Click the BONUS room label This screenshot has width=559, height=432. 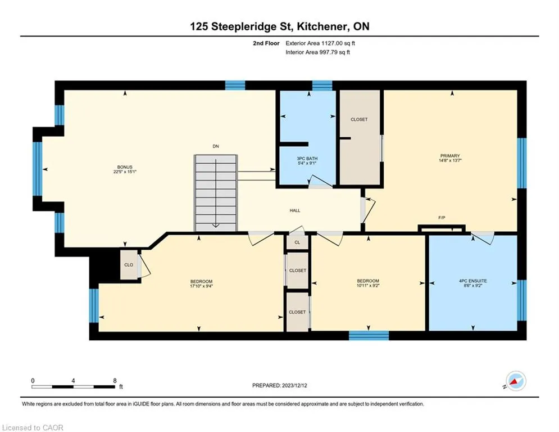[125, 167]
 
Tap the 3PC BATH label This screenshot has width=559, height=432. [307, 159]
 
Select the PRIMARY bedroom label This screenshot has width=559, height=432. [450, 156]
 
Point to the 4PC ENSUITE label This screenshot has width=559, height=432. [472, 281]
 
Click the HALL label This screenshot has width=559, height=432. [295, 210]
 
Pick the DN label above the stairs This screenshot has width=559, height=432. [216, 146]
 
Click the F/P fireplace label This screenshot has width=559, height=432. [442, 218]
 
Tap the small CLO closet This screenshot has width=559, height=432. [129, 265]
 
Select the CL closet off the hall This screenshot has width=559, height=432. [297, 242]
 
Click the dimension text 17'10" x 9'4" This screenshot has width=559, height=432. [202, 286]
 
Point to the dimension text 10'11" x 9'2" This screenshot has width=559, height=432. [368, 286]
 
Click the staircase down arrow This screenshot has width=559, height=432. [216, 193]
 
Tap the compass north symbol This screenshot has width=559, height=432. [516, 381]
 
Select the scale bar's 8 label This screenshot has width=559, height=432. [115, 381]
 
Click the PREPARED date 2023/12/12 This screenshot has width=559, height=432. [294, 385]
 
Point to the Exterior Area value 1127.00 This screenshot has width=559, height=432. [332, 43]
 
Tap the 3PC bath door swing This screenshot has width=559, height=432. [320, 181]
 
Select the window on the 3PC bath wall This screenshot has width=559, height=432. [322, 85]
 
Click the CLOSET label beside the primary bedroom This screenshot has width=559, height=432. [359, 120]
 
